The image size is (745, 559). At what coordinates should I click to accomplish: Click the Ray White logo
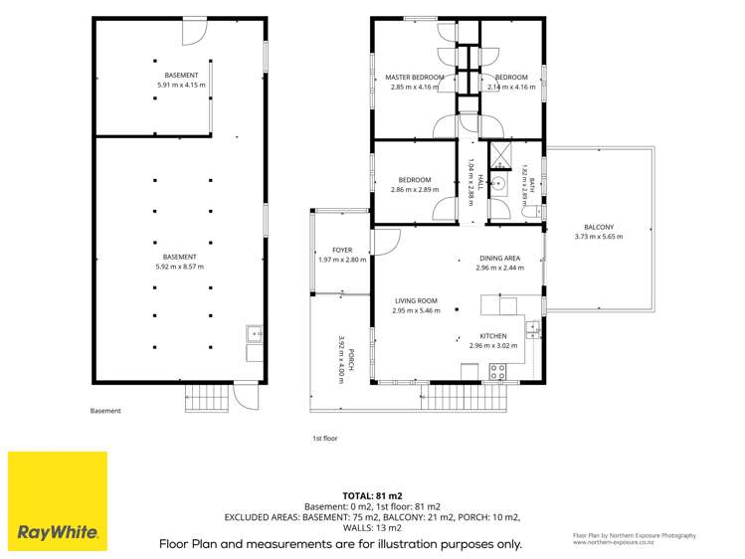click(58, 501)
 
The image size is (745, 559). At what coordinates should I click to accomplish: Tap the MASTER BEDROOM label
click(415, 77)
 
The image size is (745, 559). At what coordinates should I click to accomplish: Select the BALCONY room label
click(599, 227)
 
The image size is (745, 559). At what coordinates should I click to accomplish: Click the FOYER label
click(342, 250)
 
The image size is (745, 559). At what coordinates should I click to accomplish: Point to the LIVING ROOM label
click(416, 300)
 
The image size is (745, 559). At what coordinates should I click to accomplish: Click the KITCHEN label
click(493, 336)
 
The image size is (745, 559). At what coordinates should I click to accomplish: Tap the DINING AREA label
click(500, 258)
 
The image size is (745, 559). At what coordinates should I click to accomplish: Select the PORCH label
click(351, 359)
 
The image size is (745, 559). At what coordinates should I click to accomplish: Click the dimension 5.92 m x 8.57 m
click(180, 267)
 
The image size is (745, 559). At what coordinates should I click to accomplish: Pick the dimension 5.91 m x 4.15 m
click(181, 85)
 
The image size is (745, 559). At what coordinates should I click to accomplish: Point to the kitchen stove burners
click(497, 372)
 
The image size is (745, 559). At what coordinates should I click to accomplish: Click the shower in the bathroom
click(499, 155)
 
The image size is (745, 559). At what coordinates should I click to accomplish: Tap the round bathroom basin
click(499, 182)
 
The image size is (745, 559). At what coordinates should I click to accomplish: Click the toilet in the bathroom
click(532, 212)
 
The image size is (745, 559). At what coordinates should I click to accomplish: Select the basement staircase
click(207, 398)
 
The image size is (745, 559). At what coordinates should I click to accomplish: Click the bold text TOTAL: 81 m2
click(372, 496)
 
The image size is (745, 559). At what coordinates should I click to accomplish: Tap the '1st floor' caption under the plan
click(325, 439)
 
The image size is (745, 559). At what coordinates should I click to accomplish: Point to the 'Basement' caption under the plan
click(105, 411)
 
